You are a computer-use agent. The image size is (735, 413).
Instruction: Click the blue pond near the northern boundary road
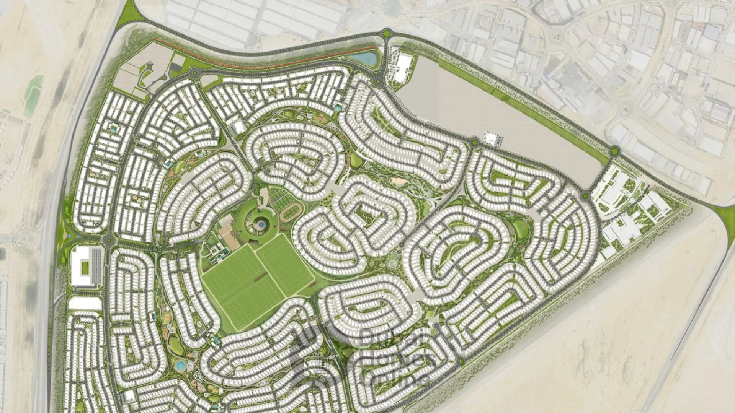(x=364, y=58)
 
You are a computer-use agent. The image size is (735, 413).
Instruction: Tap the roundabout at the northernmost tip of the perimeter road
(x=387, y=33)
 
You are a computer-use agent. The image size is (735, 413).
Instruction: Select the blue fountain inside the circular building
(x=260, y=225)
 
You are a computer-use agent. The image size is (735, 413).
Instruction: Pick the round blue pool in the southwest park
(x=180, y=365)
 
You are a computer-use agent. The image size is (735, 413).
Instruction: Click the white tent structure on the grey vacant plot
(x=491, y=138)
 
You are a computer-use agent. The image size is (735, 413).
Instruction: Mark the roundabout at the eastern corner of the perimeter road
(x=614, y=151)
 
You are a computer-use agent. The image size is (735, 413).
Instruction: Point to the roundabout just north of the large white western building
(x=109, y=240)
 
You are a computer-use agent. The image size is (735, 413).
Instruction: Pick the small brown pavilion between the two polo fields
(x=262, y=275)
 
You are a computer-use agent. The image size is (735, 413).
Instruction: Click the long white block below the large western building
(x=85, y=303)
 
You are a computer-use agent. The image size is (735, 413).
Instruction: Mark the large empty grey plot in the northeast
(x=498, y=115)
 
